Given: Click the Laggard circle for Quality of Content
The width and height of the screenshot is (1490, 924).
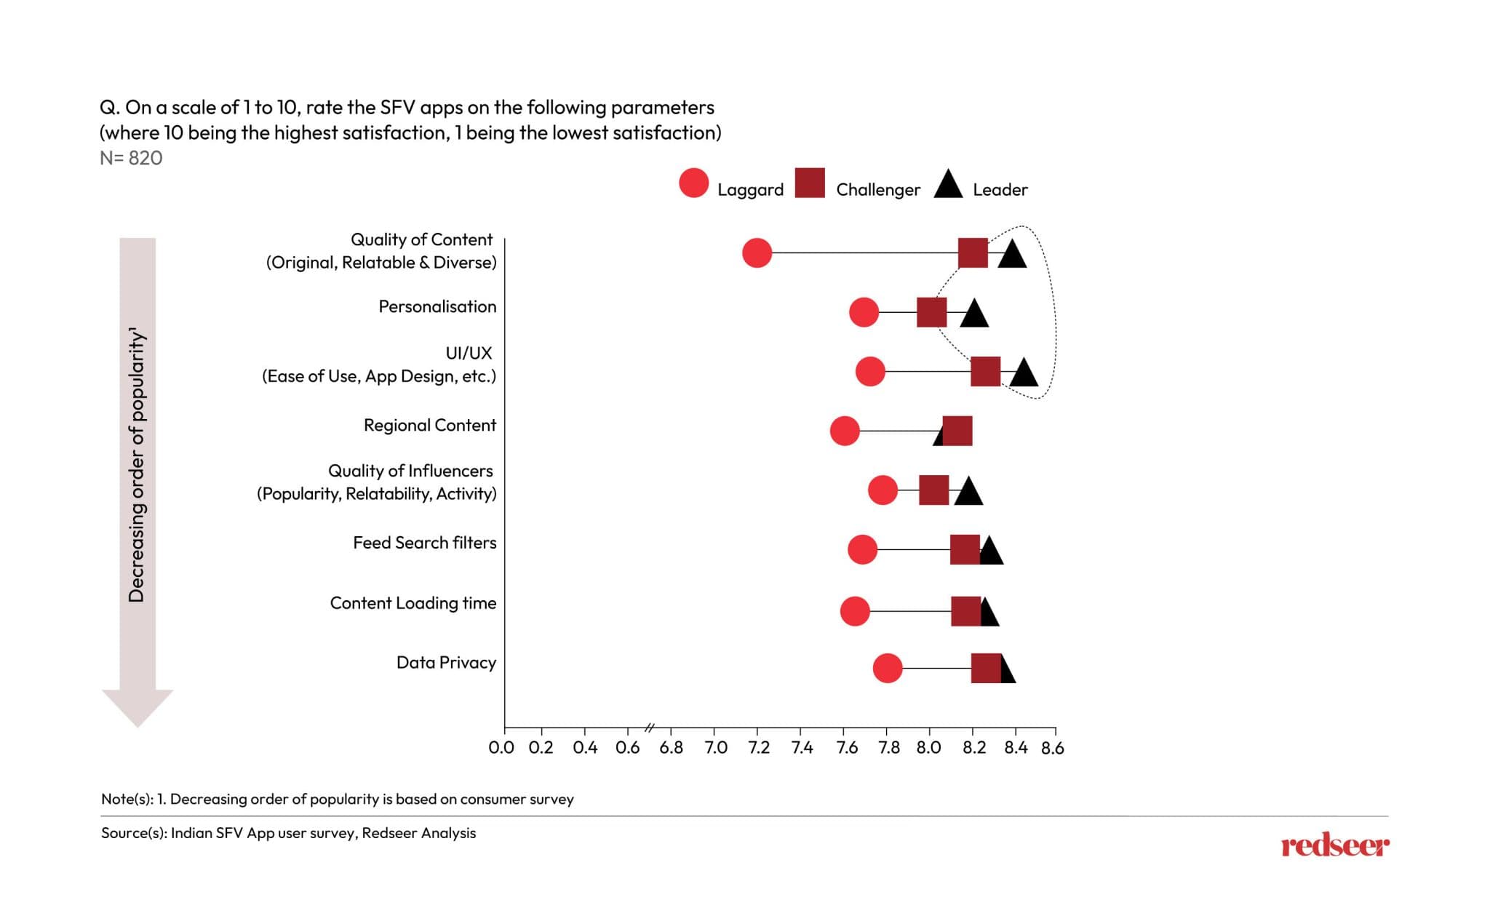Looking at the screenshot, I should coord(757,252).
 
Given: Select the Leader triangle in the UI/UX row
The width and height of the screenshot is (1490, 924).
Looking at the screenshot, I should coord(1024,373).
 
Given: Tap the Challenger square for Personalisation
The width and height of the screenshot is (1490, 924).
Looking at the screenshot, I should coord(931,312).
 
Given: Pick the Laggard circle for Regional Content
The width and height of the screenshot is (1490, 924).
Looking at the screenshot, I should coord(844,431).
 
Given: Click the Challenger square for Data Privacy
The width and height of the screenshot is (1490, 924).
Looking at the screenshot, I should coord(986,668).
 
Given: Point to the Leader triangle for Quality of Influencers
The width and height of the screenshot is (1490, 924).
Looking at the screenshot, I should coord(968,493).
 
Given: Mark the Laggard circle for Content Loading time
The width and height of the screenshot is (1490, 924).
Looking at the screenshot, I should coord(855,611).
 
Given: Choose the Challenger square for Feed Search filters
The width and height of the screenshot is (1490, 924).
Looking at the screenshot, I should coord(965,549).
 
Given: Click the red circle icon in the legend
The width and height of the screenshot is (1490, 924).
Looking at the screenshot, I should coord(693,183).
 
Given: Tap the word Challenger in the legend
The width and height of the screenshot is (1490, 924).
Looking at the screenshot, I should coord(877,190).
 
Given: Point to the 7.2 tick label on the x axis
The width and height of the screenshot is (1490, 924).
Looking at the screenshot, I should coord(758,748).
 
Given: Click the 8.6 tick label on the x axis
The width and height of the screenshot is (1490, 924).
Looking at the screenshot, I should coord(1052,748).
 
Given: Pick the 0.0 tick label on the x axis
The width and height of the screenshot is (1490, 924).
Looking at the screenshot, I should coord(501,748).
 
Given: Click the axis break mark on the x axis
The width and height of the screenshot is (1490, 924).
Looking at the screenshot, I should coord(650,727).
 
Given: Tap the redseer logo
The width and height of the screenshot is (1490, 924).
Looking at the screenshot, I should coord(1334,846).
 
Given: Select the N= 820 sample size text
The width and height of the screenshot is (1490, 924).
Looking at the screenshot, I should coord(131,158).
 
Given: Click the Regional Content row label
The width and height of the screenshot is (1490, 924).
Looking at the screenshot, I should coord(429,425).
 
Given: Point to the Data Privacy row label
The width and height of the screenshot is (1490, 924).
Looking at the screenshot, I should coord(446,662).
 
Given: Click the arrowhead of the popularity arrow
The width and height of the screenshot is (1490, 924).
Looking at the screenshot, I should coord(138,706).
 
